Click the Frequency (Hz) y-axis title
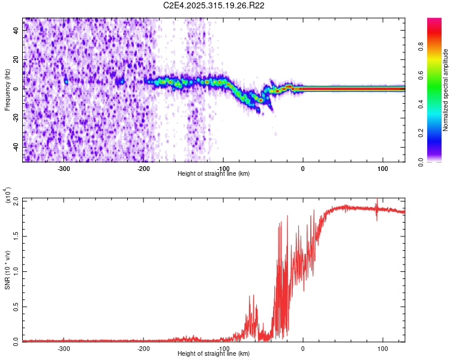[x=7, y=89]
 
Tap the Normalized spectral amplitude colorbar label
[x=446, y=89]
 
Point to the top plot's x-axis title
[x=214, y=174]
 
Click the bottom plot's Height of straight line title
[x=214, y=354]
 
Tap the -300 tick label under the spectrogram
[x=64, y=168]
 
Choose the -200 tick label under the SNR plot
[x=143, y=348]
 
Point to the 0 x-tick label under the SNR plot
[x=303, y=348]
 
